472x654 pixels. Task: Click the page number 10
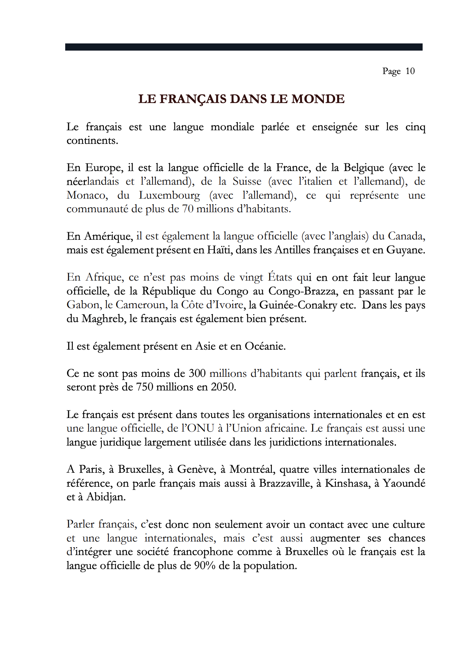pos(410,71)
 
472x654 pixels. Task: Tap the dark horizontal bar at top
pos(244,47)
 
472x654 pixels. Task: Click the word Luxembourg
pos(169,195)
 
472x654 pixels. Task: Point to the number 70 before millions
pos(188,209)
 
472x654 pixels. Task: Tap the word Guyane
pos(405,250)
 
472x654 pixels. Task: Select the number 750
pos(144,387)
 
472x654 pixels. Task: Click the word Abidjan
pos(106,497)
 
